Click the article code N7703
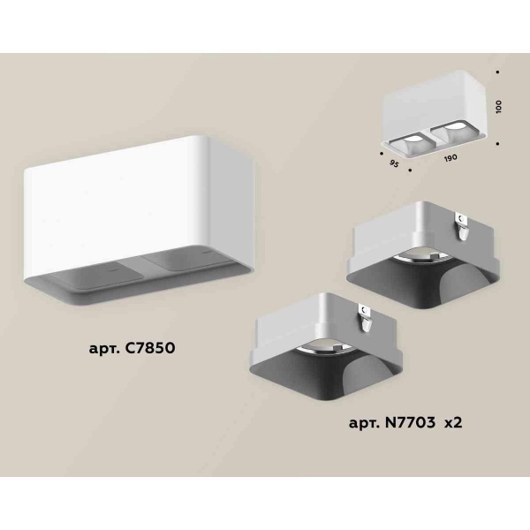(409, 425)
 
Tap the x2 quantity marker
(453, 425)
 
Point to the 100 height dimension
(499, 105)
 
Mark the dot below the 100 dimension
(499, 140)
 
